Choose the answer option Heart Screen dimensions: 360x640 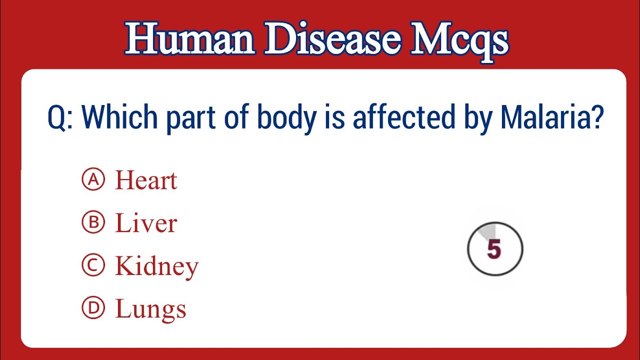pos(146,180)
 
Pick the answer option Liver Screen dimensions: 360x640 pos(146,223)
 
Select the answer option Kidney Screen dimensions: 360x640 pos(157,266)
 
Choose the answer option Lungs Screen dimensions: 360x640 pos(150,309)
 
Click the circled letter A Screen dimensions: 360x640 pos(93,180)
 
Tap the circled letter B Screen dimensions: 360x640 pos(93,223)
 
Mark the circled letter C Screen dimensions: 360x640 pos(93,265)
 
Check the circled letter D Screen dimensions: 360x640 pos(93,308)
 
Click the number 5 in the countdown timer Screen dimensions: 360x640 pos(494,249)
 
